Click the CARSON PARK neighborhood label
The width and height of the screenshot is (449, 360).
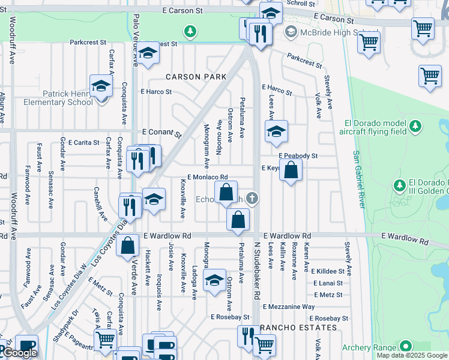(x=196, y=77)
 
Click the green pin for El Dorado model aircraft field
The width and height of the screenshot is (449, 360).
(x=415, y=127)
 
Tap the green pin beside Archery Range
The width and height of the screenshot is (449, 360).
(x=406, y=346)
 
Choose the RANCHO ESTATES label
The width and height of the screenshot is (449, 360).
(x=298, y=328)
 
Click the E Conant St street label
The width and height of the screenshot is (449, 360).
(x=161, y=133)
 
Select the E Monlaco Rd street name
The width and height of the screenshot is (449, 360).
(x=208, y=178)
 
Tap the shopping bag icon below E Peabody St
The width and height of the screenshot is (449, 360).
(x=291, y=171)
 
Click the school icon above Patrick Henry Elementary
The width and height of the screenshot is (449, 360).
(x=101, y=86)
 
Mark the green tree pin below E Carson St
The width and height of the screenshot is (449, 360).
(x=190, y=31)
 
